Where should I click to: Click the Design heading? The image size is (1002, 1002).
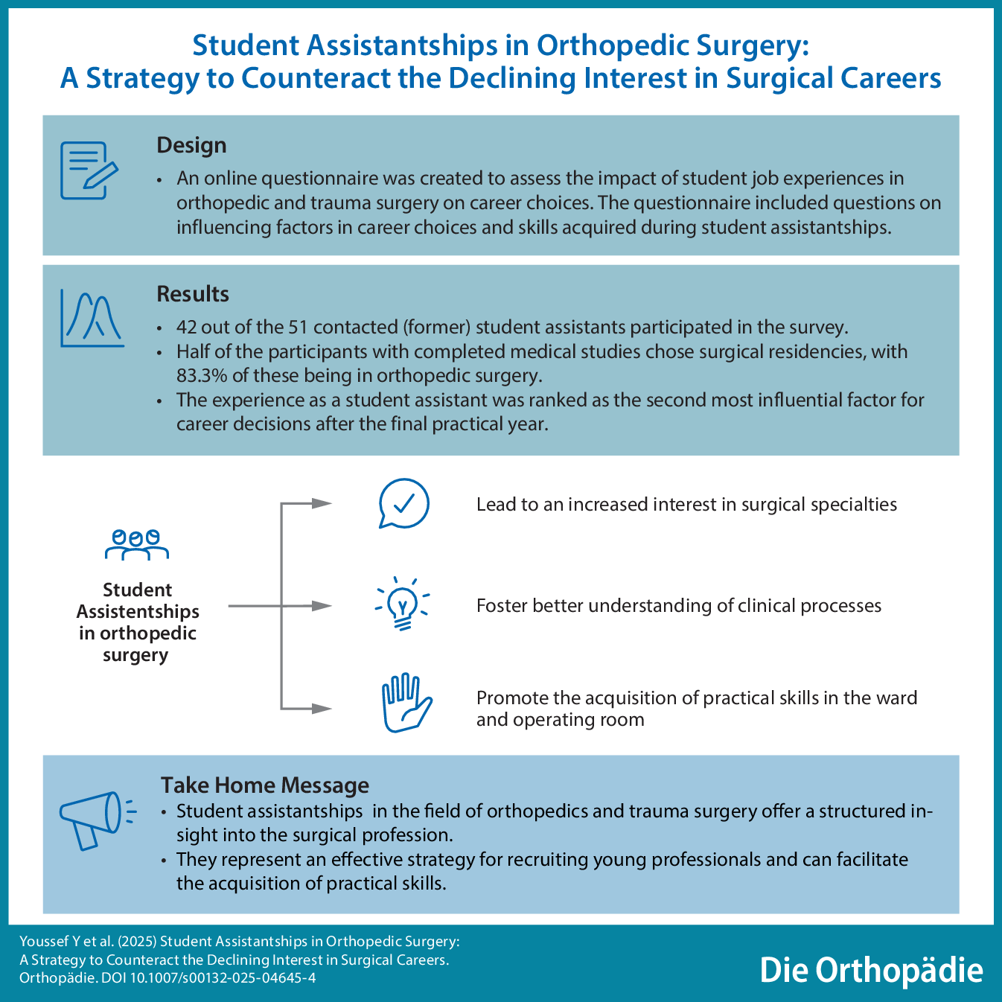[x=191, y=145]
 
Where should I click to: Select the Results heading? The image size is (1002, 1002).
[x=193, y=294]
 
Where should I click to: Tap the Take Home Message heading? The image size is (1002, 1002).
[x=265, y=785]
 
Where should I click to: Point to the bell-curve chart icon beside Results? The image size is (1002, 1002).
[x=92, y=319]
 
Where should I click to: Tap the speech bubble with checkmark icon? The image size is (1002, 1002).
[x=403, y=504]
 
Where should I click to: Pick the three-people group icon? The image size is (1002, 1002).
[x=137, y=544]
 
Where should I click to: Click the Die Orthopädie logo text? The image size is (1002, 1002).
[x=871, y=970]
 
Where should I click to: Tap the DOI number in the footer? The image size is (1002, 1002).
[x=223, y=977]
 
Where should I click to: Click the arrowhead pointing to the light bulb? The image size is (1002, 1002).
[x=322, y=606]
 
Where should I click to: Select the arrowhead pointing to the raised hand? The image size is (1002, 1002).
[x=322, y=708]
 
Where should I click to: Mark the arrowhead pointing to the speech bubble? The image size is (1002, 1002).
[x=322, y=503]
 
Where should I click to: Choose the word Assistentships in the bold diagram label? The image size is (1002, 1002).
[x=138, y=612]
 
